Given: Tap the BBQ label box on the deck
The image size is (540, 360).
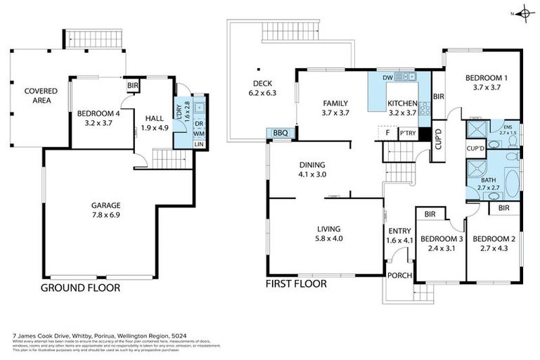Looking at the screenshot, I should click(281, 133).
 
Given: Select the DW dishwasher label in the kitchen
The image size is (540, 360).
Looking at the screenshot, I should click(387, 77).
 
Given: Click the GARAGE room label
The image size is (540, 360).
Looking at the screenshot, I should click(105, 205).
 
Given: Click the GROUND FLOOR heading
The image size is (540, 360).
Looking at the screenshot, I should click(80, 288).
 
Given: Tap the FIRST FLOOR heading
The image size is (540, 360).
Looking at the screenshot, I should click(295, 284).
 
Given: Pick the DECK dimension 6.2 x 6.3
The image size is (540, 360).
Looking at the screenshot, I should click(262, 92).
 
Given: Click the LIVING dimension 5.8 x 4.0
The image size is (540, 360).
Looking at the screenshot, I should click(329, 239).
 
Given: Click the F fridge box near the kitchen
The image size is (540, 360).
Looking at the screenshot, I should click(386, 132).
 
